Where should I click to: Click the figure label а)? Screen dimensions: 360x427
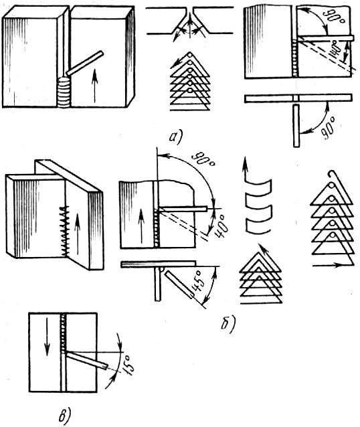176,137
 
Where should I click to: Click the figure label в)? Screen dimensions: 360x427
65,415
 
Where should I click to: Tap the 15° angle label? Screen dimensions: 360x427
129,365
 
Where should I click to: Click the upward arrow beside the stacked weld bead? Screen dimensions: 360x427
94,86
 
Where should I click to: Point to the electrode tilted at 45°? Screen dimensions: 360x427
179,284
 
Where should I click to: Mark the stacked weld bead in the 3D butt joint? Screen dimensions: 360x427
64,92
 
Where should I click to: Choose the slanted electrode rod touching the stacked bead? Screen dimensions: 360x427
85,63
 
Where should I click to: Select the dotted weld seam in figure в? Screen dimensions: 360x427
63,333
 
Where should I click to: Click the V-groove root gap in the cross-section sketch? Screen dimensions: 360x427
189,14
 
